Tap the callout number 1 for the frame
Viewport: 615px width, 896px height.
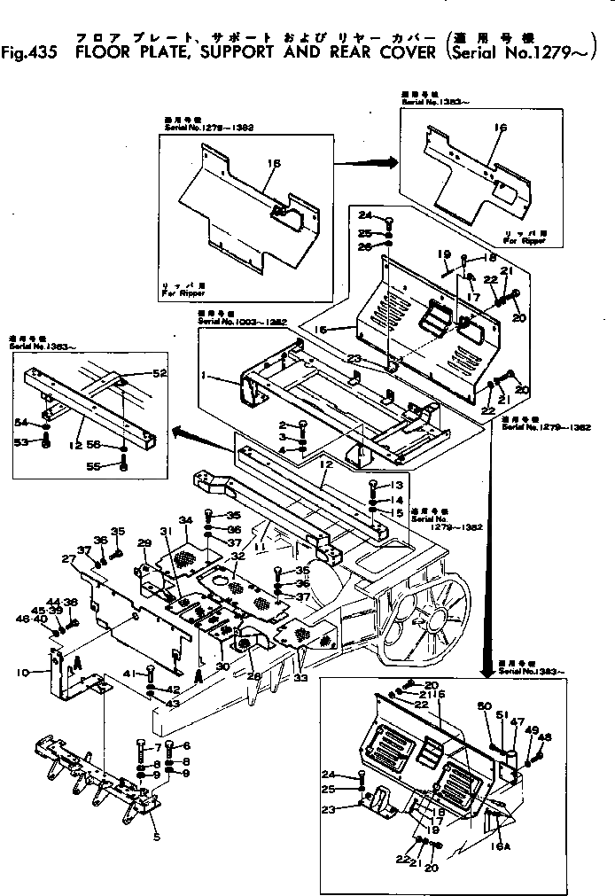(x=205, y=376)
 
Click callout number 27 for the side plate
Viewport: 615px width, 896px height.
(x=67, y=558)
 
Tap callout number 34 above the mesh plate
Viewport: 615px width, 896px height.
(x=184, y=518)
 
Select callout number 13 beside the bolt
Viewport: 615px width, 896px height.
(x=396, y=485)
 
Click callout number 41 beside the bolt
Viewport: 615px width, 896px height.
(x=129, y=674)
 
